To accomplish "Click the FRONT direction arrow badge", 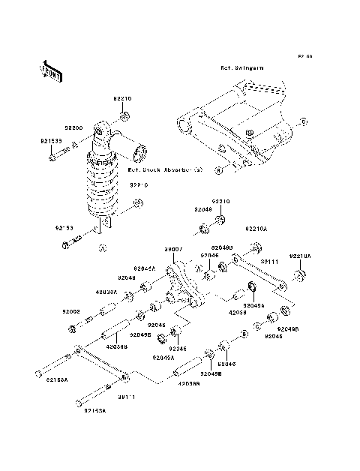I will [x=43, y=72].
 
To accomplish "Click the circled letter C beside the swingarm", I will [x=304, y=121].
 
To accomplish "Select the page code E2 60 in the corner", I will [x=304, y=56].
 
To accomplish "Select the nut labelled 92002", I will [x=71, y=328].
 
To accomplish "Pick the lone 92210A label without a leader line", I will [x=257, y=227].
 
